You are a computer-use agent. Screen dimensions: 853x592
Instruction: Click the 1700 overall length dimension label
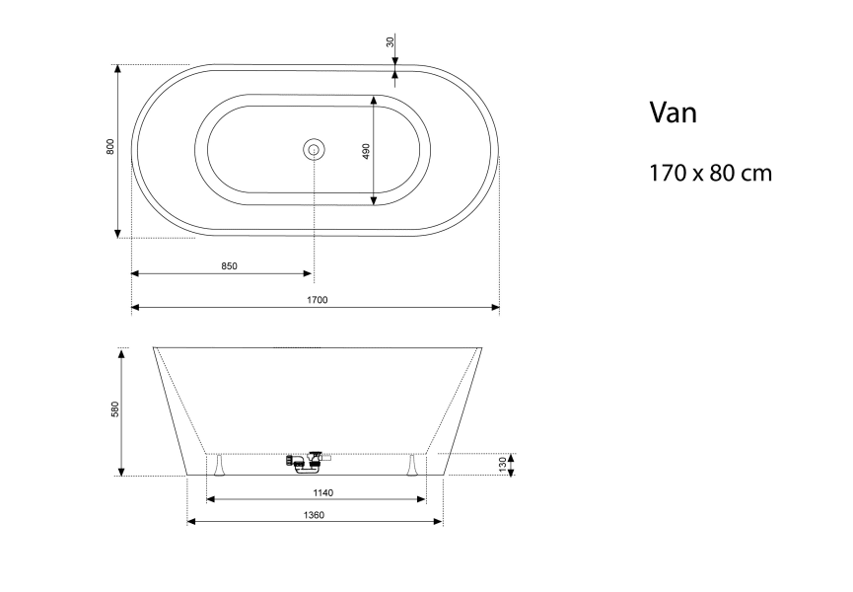click(x=318, y=300)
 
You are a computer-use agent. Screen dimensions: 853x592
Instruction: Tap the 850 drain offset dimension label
click(x=230, y=266)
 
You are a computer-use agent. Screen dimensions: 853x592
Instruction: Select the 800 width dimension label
click(x=110, y=147)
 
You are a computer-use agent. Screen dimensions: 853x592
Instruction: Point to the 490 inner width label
click(x=366, y=151)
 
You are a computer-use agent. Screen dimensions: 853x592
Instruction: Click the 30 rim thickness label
click(x=391, y=41)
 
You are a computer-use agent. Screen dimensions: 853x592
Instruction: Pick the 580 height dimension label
click(x=114, y=409)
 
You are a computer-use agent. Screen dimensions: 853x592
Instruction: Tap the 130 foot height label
click(x=503, y=464)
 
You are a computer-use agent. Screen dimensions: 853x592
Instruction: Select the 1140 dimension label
click(x=323, y=493)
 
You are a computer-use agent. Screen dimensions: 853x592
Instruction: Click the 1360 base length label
click(x=314, y=515)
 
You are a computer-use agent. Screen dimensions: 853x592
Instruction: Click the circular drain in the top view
click(x=314, y=149)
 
